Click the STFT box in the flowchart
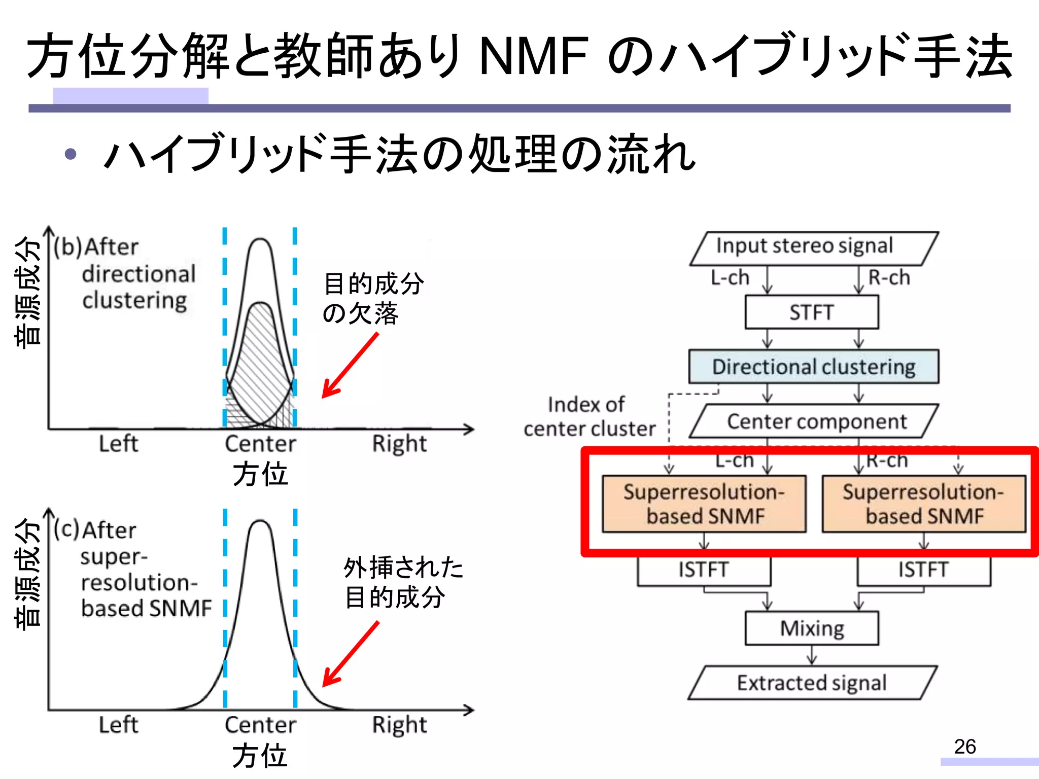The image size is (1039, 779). (x=812, y=312)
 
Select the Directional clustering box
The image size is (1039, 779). (x=813, y=366)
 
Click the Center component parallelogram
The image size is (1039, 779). (x=813, y=421)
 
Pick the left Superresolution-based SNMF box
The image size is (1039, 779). (x=704, y=504)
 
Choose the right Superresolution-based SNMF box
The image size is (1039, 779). (x=923, y=504)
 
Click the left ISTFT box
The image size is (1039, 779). (x=704, y=570)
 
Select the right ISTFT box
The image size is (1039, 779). (x=923, y=570)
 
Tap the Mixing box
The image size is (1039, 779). (x=812, y=628)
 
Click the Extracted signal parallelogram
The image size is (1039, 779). (x=812, y=683)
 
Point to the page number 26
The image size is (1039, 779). (x=964, y=747)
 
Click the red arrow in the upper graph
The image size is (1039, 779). (x=351, y=365)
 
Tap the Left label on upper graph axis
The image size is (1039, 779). (x=118, y=444)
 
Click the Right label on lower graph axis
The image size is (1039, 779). (x=399, y=725)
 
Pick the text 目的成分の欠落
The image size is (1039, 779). (x=373, y=298)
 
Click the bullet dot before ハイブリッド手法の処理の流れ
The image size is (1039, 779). (x=71, y=154)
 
